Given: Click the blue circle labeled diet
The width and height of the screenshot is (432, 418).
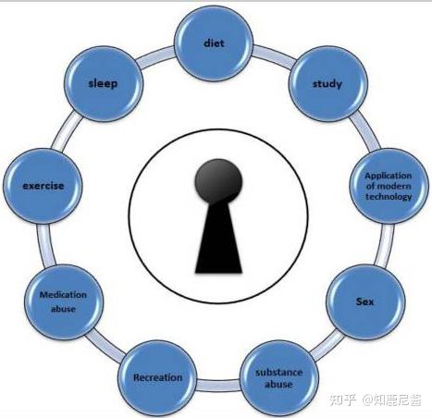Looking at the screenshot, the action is click(214, 43).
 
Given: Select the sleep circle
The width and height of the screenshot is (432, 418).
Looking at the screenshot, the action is click(104, 83).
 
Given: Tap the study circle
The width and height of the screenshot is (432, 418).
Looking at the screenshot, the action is click(328, 84).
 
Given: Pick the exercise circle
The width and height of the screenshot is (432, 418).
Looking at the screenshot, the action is click(43, 186).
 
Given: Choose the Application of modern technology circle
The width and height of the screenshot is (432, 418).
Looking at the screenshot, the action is click(389, 186).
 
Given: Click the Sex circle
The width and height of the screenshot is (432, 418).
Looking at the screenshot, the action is click(365, 301).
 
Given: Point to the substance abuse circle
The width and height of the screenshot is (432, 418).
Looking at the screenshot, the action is click(279, 378).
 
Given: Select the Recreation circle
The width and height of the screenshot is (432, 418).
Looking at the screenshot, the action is click(157, 378).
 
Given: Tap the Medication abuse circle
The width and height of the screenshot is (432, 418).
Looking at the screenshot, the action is click(64, 301).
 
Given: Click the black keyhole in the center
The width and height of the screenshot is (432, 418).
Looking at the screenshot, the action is click(218, 215).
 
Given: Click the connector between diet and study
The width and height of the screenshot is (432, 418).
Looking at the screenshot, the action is click(272, 56).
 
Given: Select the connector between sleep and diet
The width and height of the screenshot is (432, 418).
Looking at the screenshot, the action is click(155, 56).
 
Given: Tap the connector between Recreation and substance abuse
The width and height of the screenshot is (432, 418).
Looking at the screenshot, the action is click(218, 386).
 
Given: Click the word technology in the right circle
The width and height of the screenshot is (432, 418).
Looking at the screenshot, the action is click(389, 196).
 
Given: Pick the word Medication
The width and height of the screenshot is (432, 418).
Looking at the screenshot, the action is click(63, 295).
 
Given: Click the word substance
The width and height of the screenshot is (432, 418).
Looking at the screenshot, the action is click(278, 373).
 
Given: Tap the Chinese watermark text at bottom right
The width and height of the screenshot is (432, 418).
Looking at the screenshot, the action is click(376, 400).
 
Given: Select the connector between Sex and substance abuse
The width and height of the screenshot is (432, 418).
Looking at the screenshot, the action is click(327, 344).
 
